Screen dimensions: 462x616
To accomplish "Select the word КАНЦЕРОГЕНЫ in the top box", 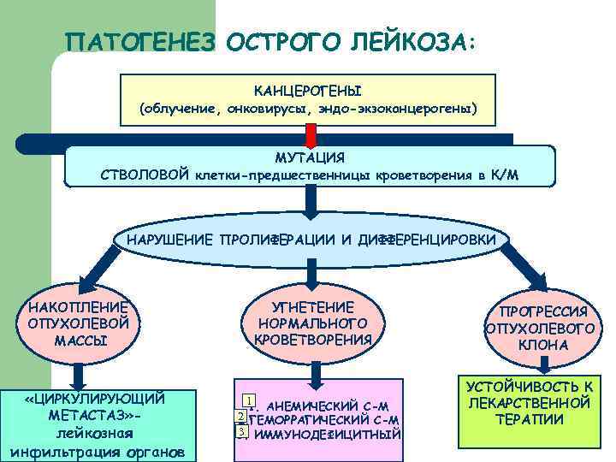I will pyautogui.click(x=308, y=90).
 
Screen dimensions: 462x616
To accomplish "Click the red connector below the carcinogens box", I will pyautogui.click(x=311, y=133).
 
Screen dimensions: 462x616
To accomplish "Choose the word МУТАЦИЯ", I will pyautogui.click(x=310, y=157).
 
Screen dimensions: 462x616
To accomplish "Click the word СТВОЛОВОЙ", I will pyautogui.click(x=145, y=176).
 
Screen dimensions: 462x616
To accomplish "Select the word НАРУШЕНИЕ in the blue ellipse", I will pyautogui.click(x=171, y=238).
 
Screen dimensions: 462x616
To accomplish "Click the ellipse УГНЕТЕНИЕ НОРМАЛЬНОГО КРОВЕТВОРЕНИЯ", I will pyautogui.click(x=312, y=323).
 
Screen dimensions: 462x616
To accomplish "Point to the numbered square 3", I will pyautogui.click(x=242, y=431).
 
